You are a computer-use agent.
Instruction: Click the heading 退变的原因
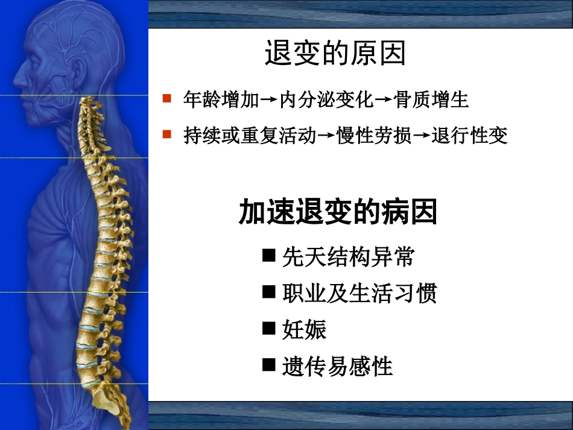335,54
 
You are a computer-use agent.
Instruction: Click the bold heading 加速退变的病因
338,213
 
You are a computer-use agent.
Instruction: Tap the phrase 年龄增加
221,100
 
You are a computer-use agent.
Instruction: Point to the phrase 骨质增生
432,100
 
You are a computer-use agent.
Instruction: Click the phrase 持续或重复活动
250,136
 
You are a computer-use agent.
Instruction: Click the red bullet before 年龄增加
168,98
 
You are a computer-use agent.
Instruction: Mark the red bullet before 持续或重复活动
168,134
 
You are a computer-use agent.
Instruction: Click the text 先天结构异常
348,258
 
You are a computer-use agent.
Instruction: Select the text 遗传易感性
337,365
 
